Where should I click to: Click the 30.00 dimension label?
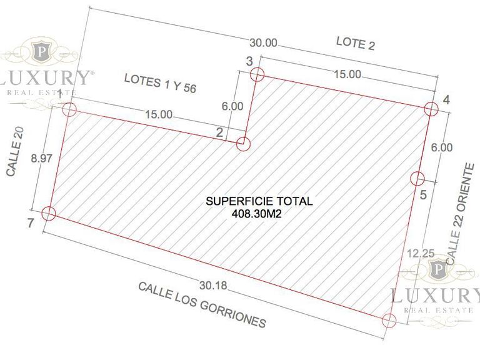pyautogui.click(x=264, y=43)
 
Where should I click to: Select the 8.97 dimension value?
pyautogui.click(x=42, y=159)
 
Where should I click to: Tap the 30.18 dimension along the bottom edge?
pyautogui.click(x=213, y=286)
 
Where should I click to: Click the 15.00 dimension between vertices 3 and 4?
pyautogui.click(x=347, y=74)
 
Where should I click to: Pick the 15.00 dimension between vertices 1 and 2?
pyautogui.click(x=159, y=114)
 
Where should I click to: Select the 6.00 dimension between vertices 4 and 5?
pyautogui.click(x=442, y=147)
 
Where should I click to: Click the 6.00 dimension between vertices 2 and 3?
pyautogui.click(x=232, y=106)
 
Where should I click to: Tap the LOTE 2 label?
pyautogui.click(x=356, y=43)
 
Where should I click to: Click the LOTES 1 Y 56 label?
pyautogui.click(x=160, y=83)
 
